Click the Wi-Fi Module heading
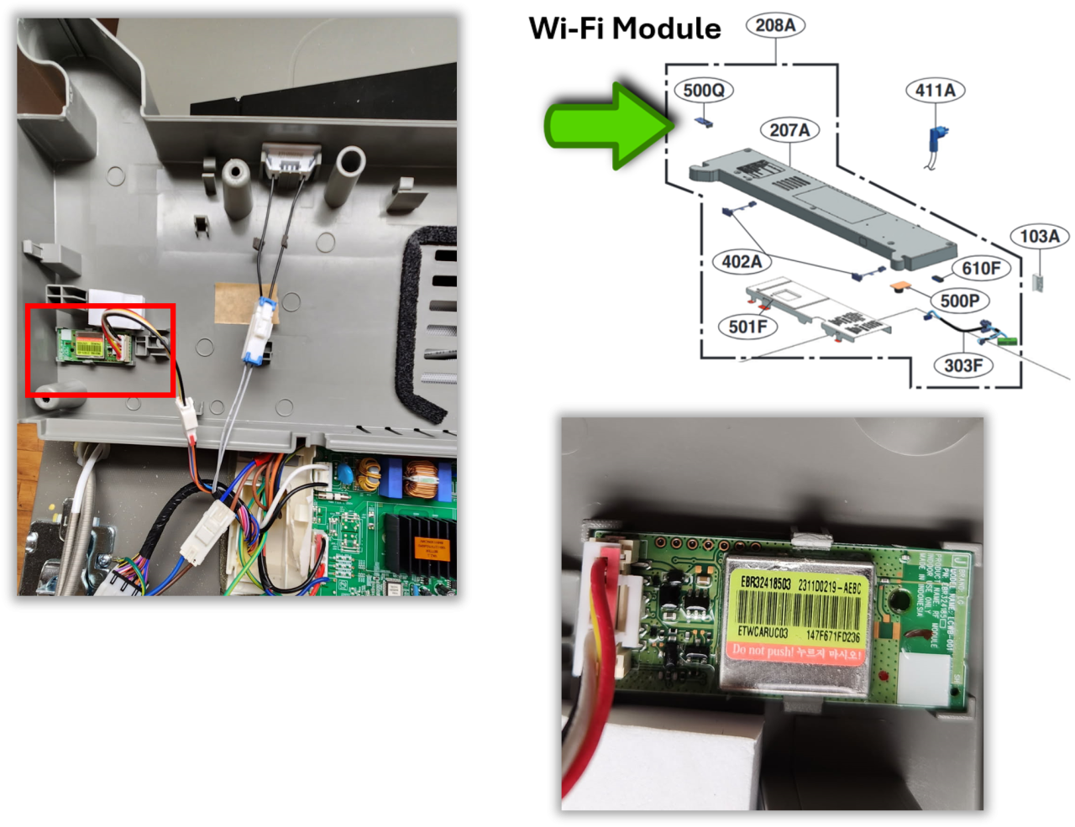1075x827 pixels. point(625,29)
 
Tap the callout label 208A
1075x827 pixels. point(774,25)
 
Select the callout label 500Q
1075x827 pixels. point(704,90)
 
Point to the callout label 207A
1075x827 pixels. point(789,130)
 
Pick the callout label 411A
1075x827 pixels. point(936,90)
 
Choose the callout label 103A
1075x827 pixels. point(1039,237)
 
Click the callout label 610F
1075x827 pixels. point(981,268)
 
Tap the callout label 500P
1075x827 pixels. point(959,301)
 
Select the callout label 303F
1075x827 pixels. point(962,365)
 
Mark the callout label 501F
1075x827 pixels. point(747,326)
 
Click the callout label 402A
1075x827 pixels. point(742,262)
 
